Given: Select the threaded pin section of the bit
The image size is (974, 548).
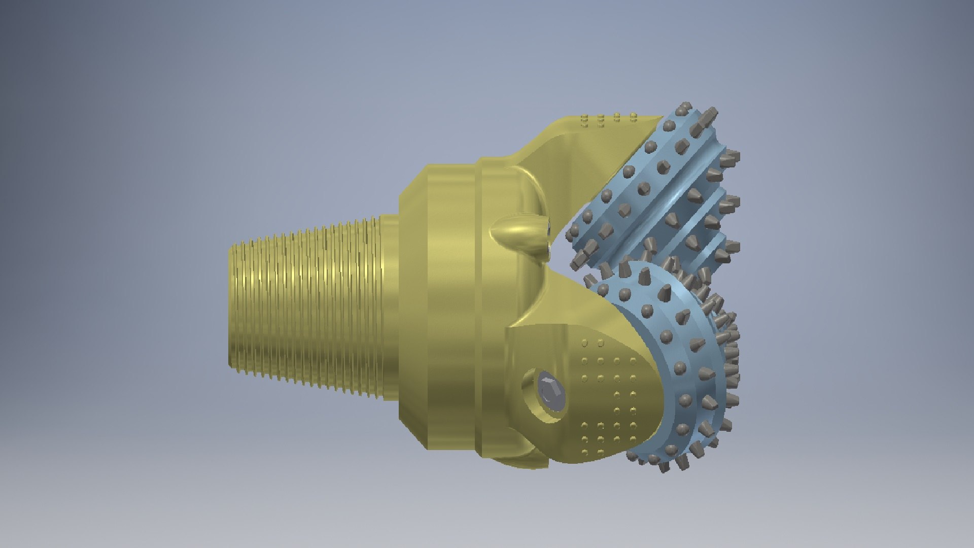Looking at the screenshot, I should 309,310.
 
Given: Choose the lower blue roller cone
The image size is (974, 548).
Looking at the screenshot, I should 675,365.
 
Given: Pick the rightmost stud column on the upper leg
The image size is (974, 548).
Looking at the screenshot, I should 633,118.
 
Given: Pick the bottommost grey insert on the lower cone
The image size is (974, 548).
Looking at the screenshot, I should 664,468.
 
